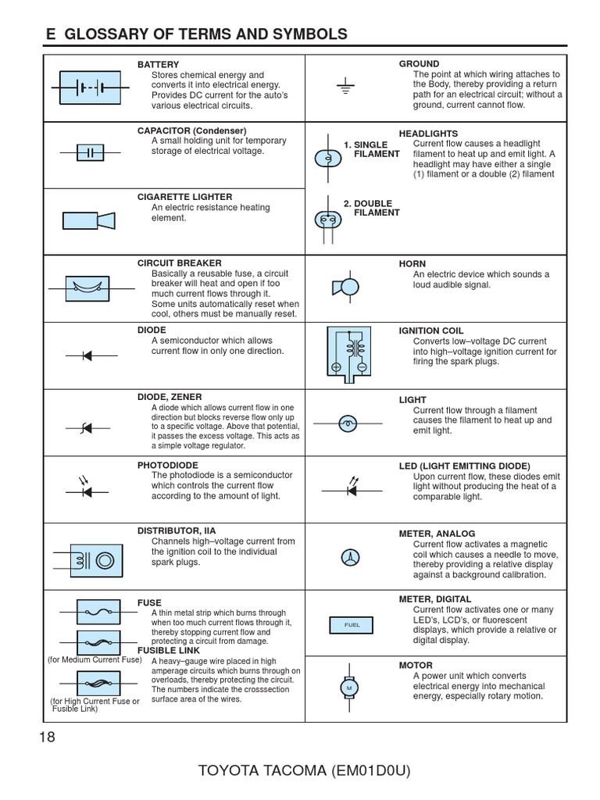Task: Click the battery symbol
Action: point(88,87)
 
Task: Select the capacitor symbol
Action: point(90,152)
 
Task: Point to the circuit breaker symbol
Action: point(88,288)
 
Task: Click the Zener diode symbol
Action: point(87,427)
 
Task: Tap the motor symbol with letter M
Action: point(348,686)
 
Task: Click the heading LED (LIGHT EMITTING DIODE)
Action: point(464,466)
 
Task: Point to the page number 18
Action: point(47,737)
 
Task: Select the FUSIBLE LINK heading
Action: point(168,650)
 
